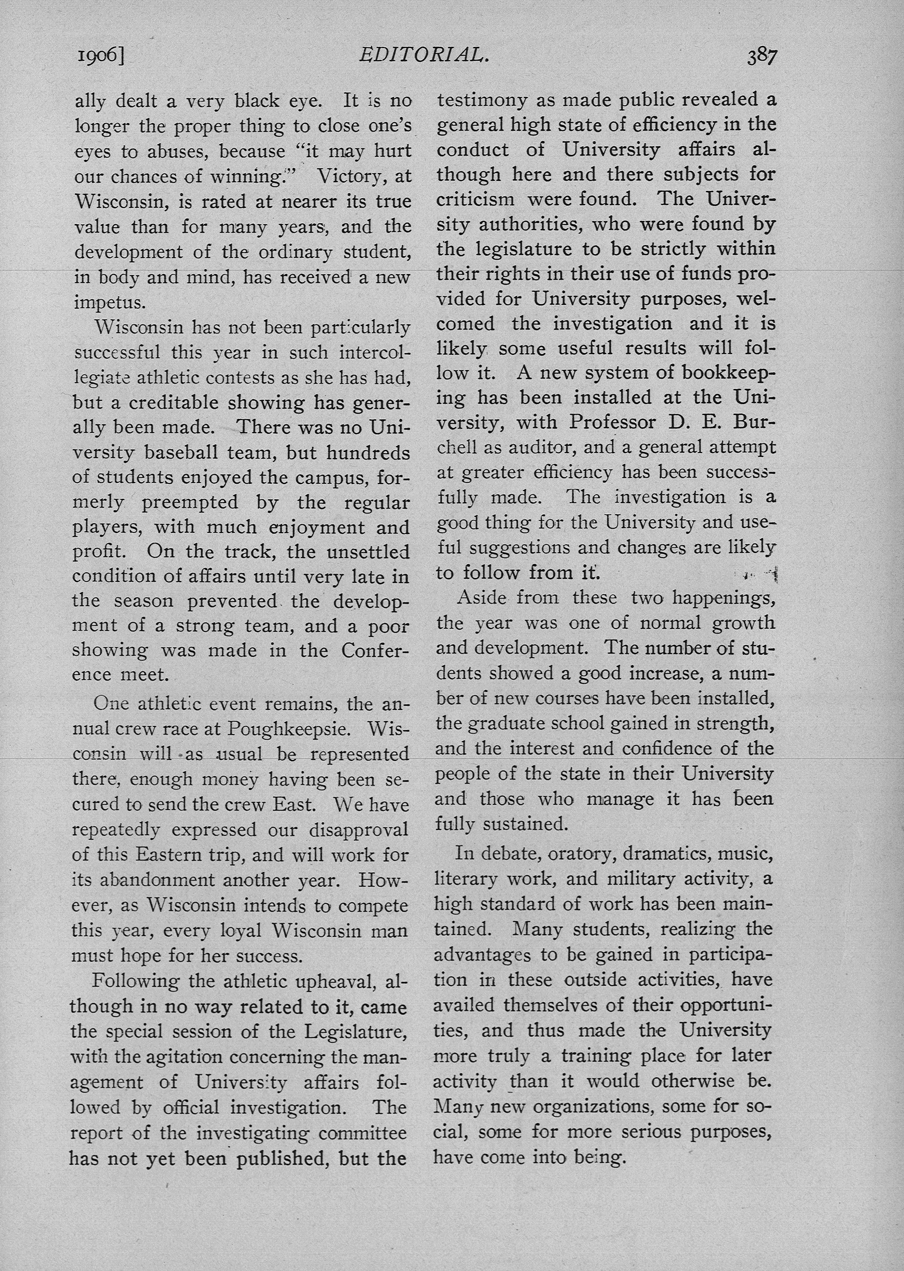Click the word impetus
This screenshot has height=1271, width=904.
point(110,302)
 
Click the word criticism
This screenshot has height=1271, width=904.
point(475,199)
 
